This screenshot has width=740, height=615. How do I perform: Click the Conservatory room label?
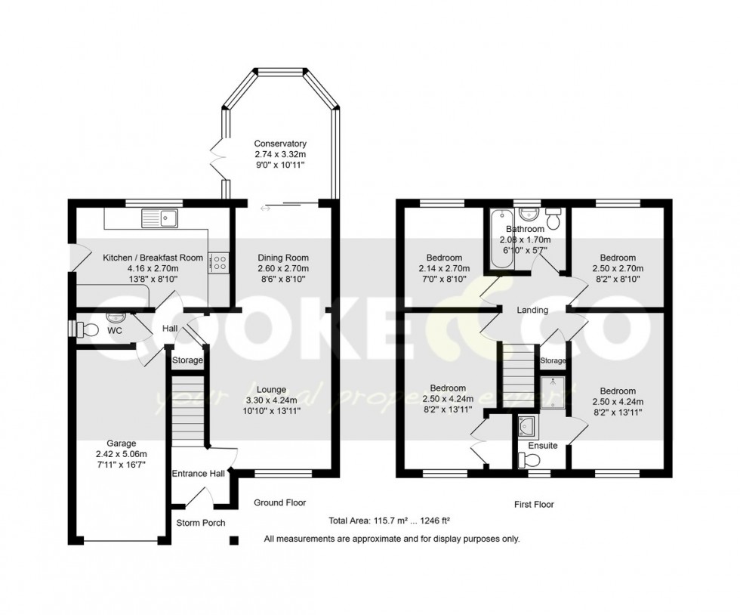pos(280,144)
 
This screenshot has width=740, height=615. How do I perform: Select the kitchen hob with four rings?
pos(220,262)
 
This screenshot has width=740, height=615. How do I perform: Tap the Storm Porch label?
pos(200,523)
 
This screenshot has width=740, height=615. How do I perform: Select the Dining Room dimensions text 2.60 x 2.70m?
pos(282,268)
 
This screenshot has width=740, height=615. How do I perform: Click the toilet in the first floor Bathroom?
pos(555,219)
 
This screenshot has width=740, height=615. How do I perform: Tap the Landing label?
pos(532,311)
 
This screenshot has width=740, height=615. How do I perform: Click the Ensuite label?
pos(542,446)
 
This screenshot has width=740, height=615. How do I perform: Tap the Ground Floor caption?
pos(279,502)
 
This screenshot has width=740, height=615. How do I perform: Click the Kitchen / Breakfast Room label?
pos(153,258)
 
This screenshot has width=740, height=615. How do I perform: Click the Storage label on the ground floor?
pos(187,360)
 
